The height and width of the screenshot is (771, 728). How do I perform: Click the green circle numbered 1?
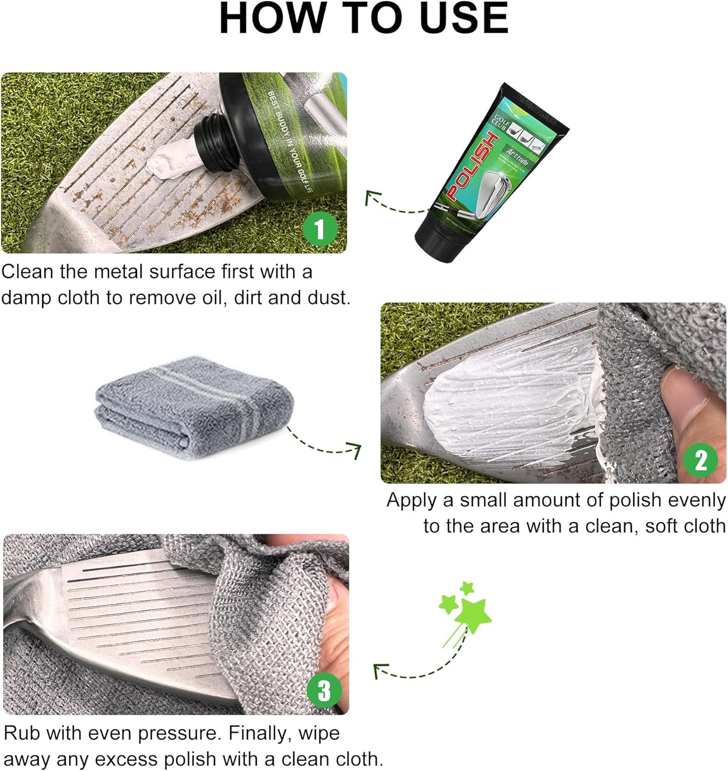(x=320, y=229)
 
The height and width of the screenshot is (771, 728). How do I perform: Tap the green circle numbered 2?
(x=701, y=460)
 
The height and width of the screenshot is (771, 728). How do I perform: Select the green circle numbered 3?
(x=324, y=691)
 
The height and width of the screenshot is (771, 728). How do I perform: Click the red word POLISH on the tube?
(x=472, y=166)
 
